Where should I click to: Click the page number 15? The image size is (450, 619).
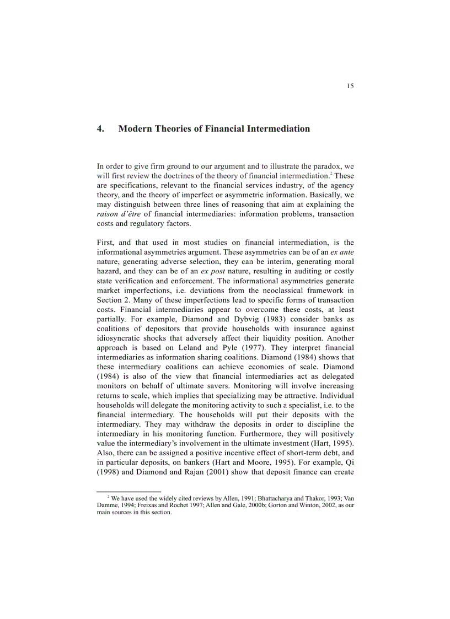350,85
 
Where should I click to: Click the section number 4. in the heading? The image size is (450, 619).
101,129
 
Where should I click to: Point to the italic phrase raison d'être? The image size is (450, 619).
117,214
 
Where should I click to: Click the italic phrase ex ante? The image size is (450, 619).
342,252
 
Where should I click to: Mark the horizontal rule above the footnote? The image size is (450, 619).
128,491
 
